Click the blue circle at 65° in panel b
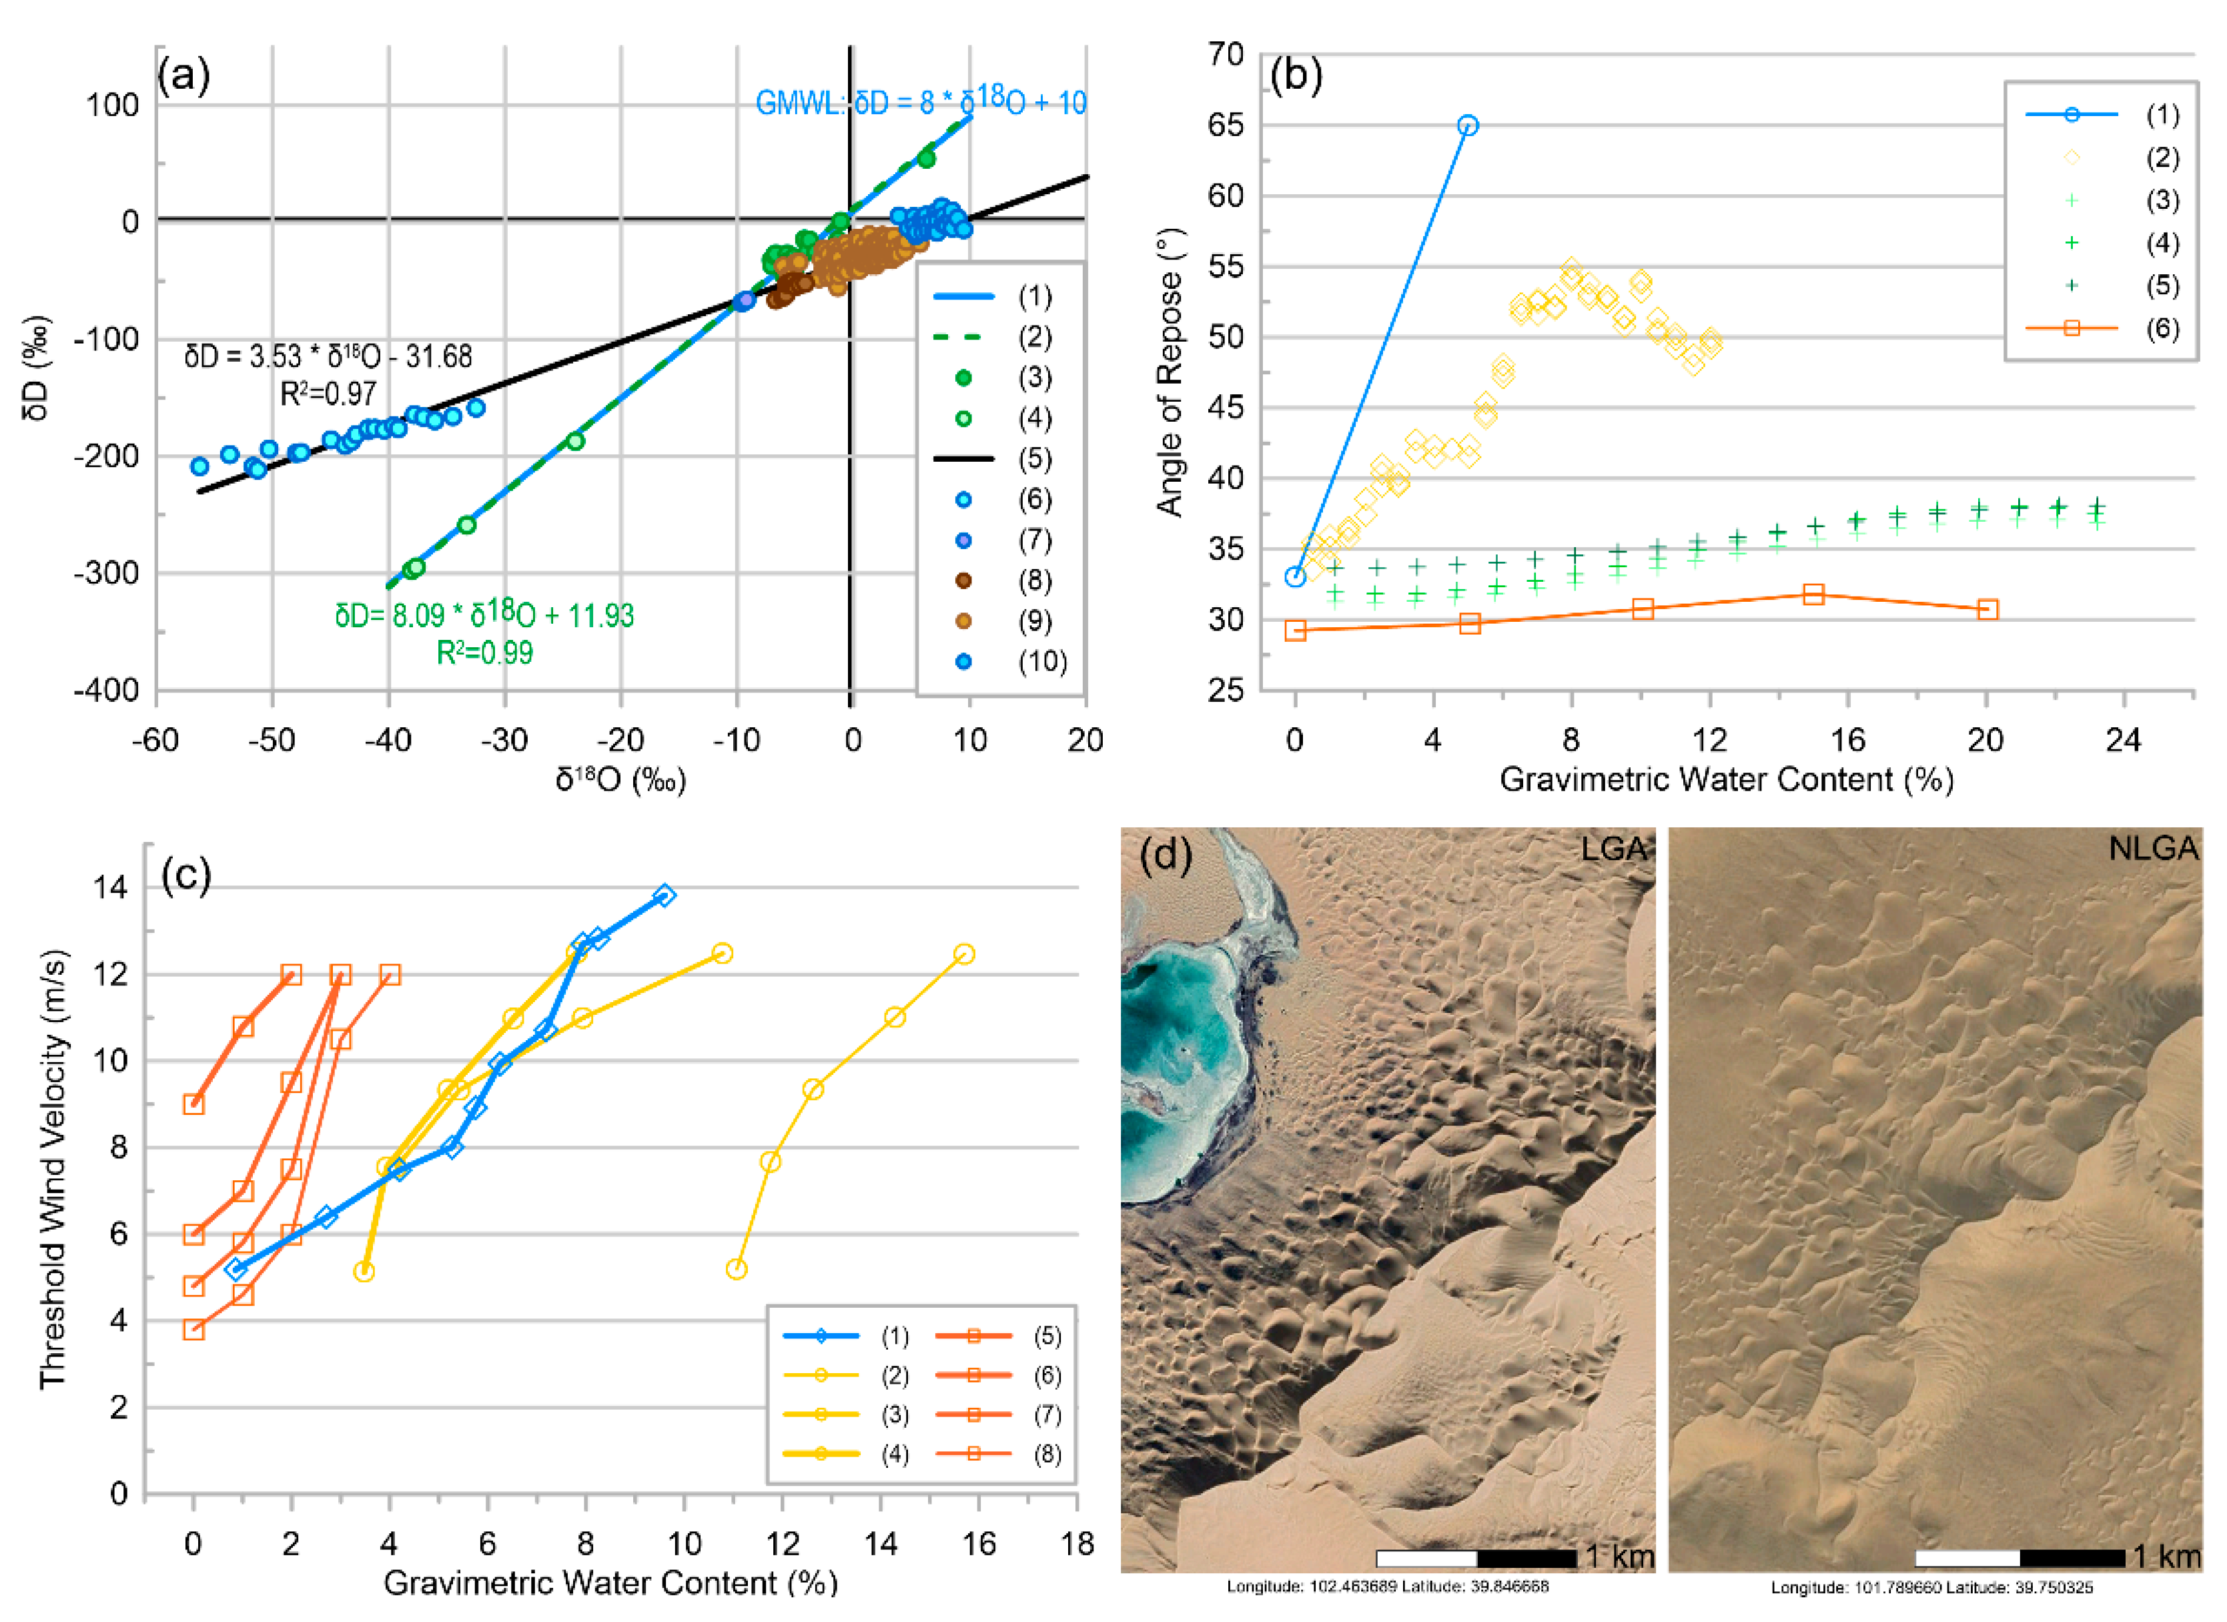1467,125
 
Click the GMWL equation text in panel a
920,102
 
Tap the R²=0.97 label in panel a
328,395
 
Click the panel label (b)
1296,75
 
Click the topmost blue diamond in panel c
664,895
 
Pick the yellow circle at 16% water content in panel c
964,954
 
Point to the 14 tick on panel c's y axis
110,887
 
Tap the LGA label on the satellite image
1613,848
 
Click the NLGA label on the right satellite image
2152,848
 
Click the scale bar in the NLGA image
2020,1558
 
